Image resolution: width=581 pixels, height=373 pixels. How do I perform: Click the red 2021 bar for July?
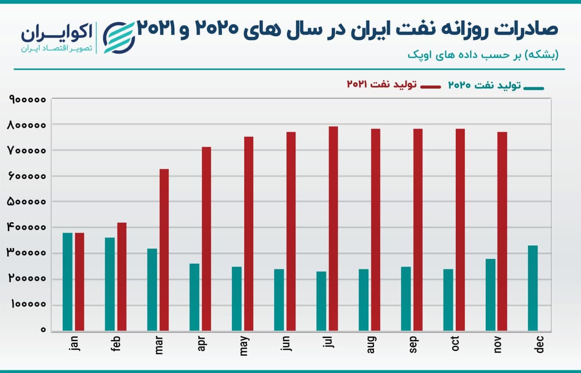333,228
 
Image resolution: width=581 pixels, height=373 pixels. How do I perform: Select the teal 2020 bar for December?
533,288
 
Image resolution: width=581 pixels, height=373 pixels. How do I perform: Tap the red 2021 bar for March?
164,249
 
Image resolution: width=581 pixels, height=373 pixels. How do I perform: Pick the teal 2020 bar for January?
68,281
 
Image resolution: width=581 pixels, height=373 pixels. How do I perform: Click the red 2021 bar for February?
122,276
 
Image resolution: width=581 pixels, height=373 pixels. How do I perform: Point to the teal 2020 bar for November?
490,294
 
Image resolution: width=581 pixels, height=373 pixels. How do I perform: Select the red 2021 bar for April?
206,239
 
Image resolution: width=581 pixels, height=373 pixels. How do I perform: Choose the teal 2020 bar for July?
321,301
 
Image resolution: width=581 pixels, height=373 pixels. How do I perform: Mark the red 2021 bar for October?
460,229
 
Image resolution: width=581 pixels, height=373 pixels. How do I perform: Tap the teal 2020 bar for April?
194,297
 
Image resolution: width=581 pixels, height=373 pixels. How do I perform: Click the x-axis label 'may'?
245,346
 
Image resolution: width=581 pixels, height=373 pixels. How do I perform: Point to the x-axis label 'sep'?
414,346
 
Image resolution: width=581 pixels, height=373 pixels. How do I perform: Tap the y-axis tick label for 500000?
26,202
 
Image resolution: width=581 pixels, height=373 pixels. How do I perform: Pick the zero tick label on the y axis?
43,330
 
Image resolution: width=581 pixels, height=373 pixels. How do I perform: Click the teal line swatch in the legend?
533,87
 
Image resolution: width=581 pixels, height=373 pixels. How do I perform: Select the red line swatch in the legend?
430,86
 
